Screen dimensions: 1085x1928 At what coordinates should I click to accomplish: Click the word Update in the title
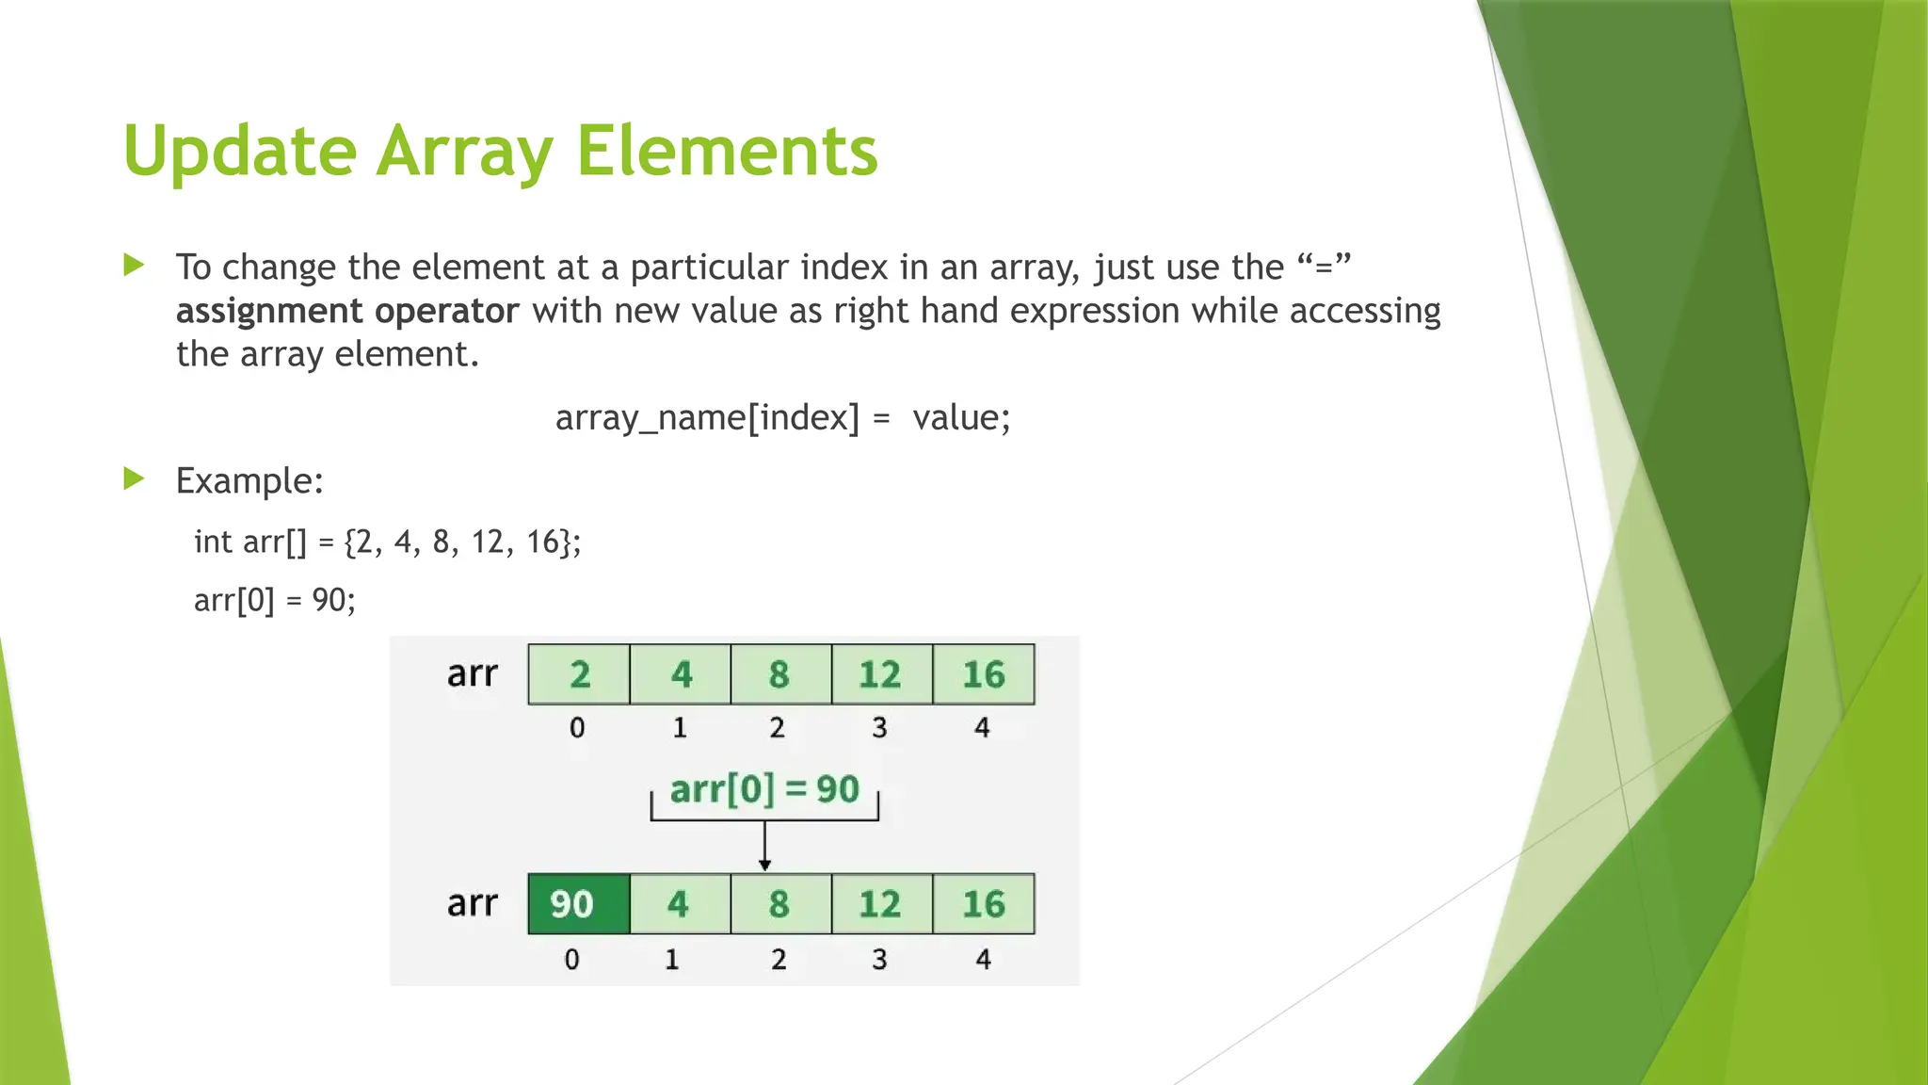coord(239,152)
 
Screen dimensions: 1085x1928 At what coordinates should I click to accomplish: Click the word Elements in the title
coord(727,152)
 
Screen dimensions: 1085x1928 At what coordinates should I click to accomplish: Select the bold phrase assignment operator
coord(346,311)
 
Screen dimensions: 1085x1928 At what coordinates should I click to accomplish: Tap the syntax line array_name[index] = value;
coord(782,417)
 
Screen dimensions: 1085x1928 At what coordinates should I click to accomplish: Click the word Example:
coord(249,480)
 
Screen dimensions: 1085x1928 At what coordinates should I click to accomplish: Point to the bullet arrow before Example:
coord(134,478)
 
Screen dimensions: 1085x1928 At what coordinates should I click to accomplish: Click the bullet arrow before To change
coord(134,265)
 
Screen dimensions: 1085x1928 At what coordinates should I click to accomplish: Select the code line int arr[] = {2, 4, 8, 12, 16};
coord(387,542)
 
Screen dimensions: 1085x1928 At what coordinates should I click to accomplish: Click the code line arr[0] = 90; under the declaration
coord(274,600)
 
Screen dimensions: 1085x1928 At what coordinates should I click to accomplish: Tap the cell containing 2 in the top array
coord(579,674)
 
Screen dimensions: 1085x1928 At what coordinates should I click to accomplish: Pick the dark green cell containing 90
coord(578,904)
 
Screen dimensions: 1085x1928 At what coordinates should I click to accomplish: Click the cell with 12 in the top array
coord(881,674)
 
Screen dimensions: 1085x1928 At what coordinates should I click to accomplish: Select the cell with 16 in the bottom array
coord(983,904)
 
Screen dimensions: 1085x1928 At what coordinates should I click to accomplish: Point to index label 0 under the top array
coord(577,727)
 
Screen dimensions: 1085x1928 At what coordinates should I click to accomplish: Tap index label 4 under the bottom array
coord(983,959)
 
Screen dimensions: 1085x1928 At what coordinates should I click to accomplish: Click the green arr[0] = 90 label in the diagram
coord(763,789)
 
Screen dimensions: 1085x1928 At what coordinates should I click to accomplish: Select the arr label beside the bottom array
coord(472,903)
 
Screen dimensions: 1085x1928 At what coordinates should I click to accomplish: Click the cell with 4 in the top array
coord(681,674)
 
